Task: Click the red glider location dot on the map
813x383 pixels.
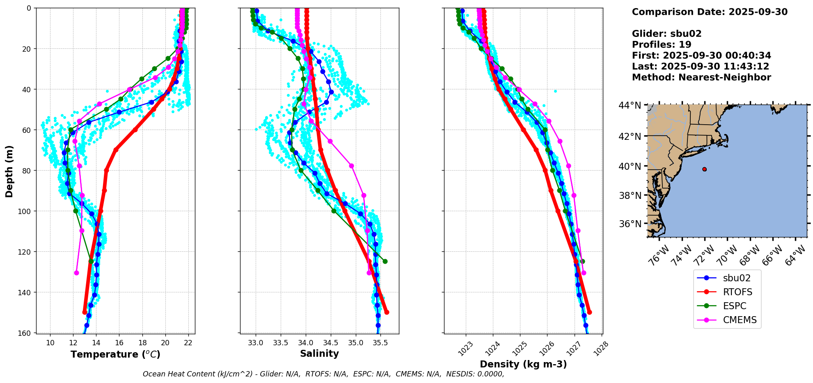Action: point(704,169)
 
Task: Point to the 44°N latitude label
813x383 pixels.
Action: point(630,106)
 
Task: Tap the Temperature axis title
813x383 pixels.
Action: point(115,354)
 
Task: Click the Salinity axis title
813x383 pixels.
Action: point(319,353)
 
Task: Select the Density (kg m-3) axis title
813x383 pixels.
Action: point(523,364)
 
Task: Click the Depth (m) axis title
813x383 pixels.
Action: point(9,171)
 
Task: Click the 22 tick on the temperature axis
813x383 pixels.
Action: point(188,343)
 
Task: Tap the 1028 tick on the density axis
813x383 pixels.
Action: point(600,347)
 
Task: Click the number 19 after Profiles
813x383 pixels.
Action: point(685,45)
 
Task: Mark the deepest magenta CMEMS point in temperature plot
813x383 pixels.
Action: point(76,273)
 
